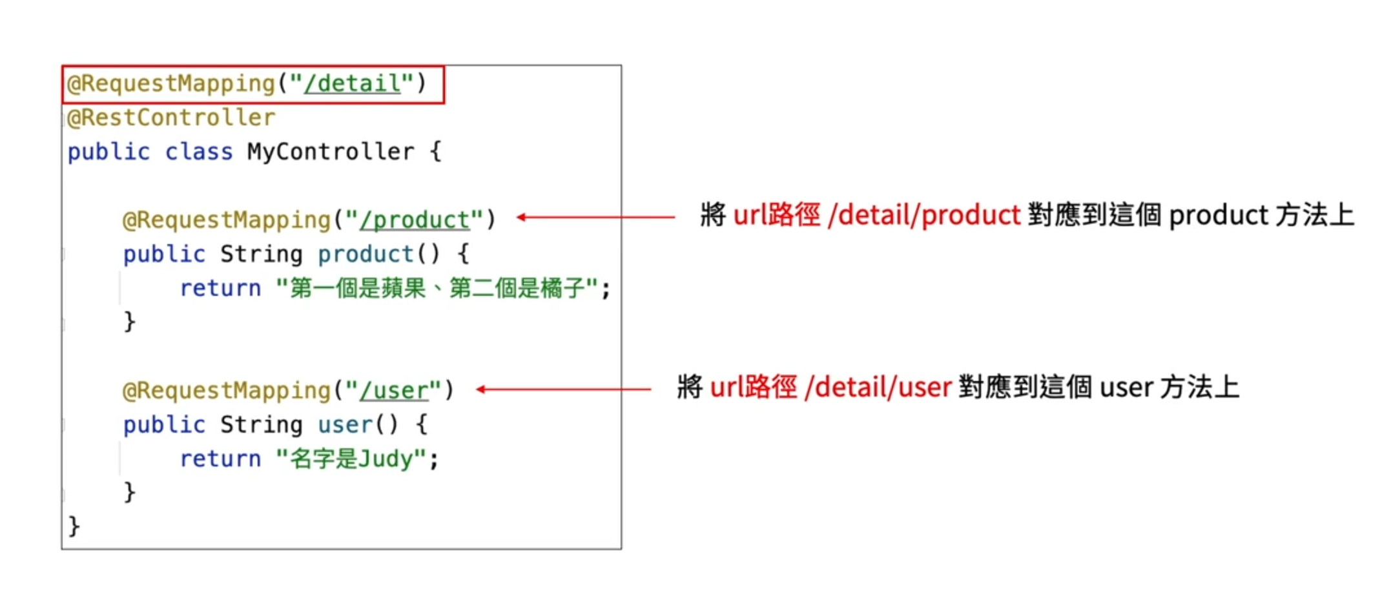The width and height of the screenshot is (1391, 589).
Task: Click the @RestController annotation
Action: [171, 118]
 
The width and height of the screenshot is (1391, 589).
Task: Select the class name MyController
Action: [331, 152]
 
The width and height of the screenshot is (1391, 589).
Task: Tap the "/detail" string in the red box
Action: [353, 83]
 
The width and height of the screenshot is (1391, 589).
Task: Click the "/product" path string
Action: [414, 220]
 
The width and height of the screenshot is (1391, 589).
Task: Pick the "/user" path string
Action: [394, 390]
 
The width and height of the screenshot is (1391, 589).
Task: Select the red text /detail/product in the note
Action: [924, 215]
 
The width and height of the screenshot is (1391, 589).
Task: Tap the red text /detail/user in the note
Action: [878, 387]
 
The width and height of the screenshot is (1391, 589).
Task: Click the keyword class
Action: [198, 152]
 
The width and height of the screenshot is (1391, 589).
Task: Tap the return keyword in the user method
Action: [220, 459]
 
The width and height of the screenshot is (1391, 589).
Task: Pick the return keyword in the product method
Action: [220, 288]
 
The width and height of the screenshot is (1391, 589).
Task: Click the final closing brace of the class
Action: [74, 526]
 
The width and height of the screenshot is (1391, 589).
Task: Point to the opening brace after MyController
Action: [436, 152]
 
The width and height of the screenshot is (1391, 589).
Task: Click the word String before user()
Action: [261, 424]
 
